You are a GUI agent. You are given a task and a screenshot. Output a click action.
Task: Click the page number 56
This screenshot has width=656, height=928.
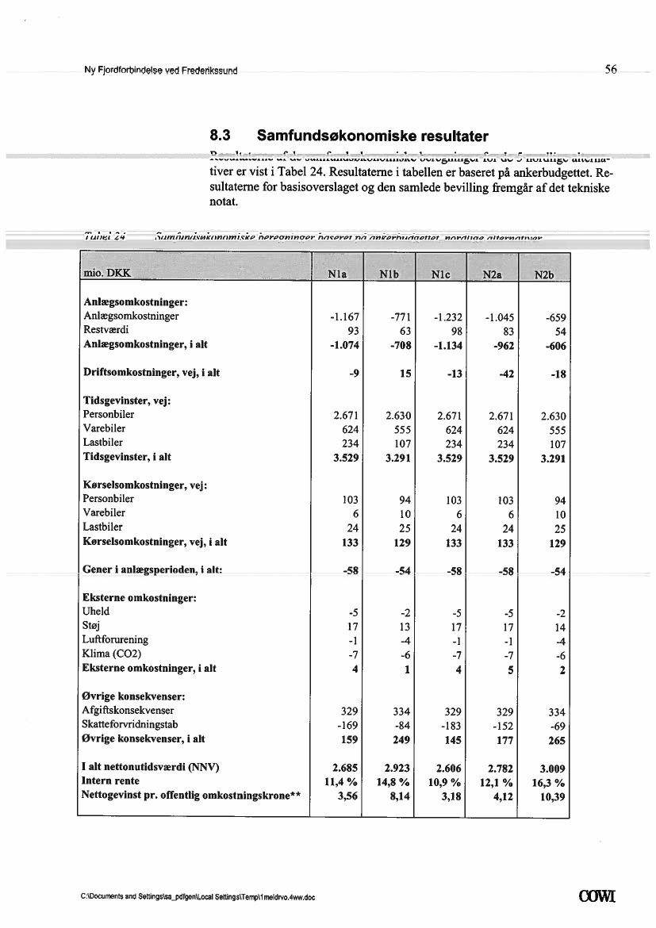[x=611, y=70]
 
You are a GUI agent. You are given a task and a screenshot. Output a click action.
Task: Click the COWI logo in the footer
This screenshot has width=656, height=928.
[x=600, y=898]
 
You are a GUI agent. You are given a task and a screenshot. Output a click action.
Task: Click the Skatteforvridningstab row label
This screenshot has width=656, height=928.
[x=130, y=724]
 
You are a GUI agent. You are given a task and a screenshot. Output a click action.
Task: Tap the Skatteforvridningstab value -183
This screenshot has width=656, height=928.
[x=449, y=725]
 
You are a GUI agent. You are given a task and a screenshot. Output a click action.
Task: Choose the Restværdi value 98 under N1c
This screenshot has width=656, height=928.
[x=455, y=331]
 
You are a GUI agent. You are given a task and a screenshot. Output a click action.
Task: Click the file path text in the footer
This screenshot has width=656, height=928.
[x=198, y=899]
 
